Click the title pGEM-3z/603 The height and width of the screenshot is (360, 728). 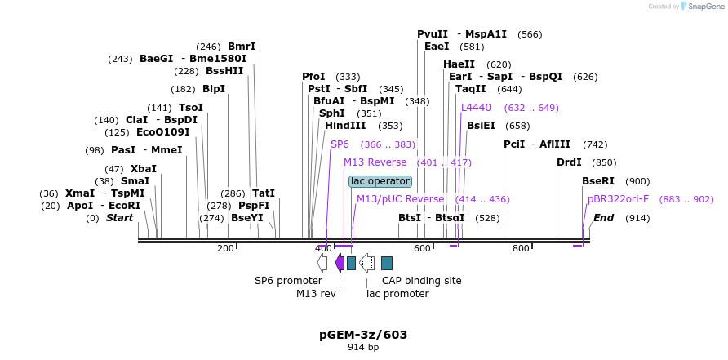pyautogui.click(x=363, y=335)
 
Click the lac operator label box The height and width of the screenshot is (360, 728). pyautogui.click(x=380, y=181)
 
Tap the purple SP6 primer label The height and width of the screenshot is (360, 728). pyautogui.click(x=340, y=144)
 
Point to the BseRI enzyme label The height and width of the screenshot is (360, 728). pyautogui.click(x=598, y=181)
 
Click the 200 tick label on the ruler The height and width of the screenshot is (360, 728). pyautogui.click(x=225, y=248)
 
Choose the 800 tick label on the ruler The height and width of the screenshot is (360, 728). pyautogui.click(x=521, y=248)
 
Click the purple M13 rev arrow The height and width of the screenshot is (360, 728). pyautogui.click(x=340, y=263)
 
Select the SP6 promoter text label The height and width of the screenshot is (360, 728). pyautogui.click(x=288, y=281)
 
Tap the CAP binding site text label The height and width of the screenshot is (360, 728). pyautogui.click(x=421, y=281)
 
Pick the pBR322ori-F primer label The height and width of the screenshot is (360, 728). pyautogui.click(x=618, y=199)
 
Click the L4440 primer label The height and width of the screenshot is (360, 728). pyautogui.click(x=476, y=108)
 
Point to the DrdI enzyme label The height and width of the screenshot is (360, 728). pyautogui.click(x=569, y=162)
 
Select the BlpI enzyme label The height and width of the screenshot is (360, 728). pyautogui.click(x=214, y=89)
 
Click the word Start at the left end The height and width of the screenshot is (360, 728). pyautogui.click(x=119, y=218)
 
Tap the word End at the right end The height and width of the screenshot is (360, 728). pyautogui.click(x=604, y=218)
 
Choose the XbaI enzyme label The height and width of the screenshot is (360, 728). pyautogui.click(x=144, y=169)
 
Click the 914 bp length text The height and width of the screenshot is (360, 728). pyautogui.click(x=363, y=348)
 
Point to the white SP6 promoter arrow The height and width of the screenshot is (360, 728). pyautogui.click(x=322, y=263)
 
